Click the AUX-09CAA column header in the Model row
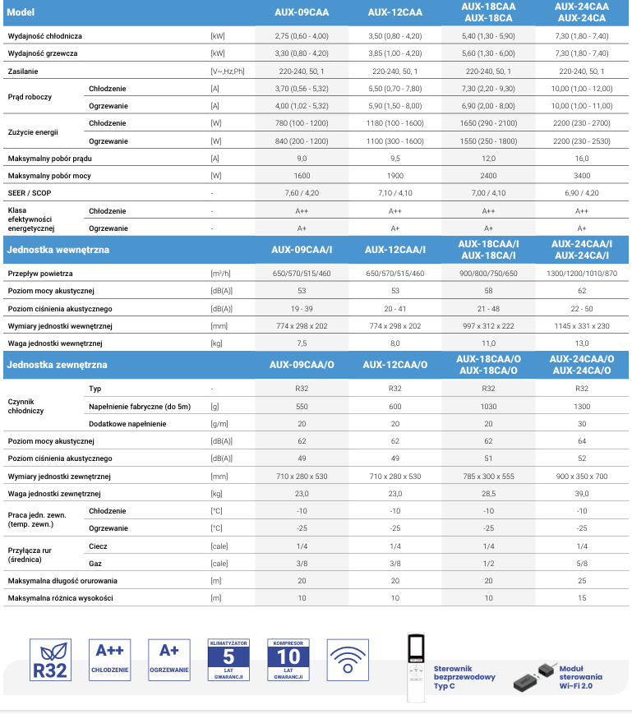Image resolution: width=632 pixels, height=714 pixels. point(302,12)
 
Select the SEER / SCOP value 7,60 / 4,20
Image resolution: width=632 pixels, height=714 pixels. point(302,193)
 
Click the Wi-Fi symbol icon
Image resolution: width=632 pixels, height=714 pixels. point(348,660)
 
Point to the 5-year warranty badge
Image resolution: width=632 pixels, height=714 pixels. point(228,659)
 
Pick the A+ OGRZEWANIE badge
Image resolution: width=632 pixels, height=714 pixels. point(169,659)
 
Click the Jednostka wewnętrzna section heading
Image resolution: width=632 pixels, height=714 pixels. point(58,250)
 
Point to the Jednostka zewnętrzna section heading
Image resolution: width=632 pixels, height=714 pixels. point(57,365)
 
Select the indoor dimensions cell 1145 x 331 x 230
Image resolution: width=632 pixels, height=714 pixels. point(581,326)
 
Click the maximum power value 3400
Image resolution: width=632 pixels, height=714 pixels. point(581,175)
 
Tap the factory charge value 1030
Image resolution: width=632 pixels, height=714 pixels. point(488,406)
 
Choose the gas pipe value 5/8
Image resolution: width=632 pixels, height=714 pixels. point(581,564)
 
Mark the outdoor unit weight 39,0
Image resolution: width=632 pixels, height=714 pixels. point(581,493)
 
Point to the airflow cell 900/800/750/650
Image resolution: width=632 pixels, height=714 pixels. point(488,273)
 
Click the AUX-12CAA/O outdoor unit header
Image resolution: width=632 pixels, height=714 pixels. point(394,365)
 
